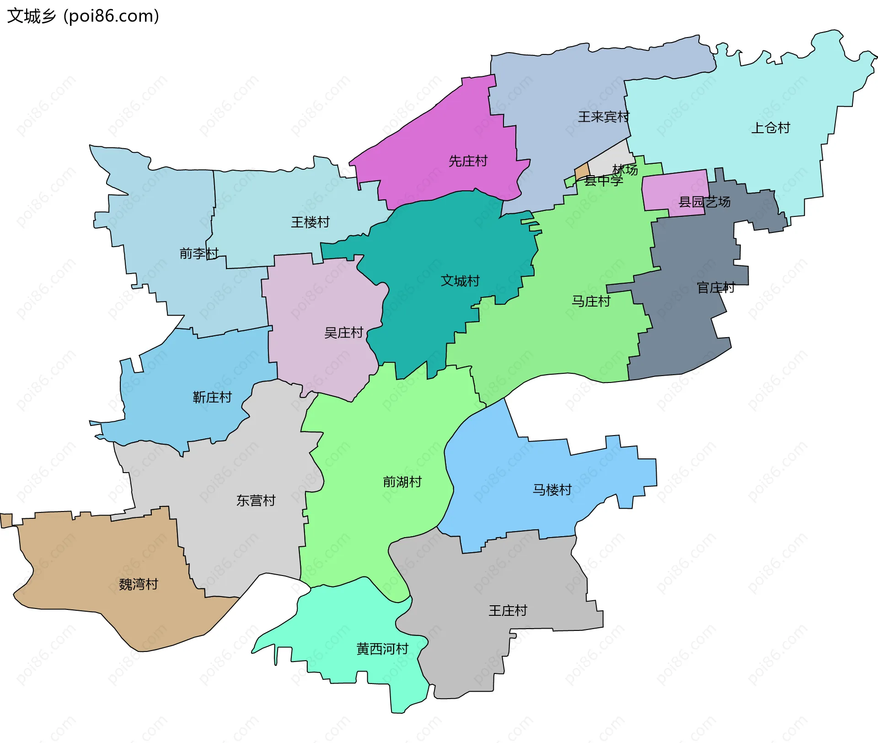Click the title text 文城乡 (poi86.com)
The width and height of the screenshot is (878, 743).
[x=83, y=16]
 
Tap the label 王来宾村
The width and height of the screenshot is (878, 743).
[x=603, y=117]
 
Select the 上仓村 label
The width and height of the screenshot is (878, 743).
[x=771, y=128]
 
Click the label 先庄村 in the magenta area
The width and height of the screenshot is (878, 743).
[x=468, y=161]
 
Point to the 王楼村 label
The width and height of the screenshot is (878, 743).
[x=310, y=222]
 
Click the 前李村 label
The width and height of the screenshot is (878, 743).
[x=199, y=253]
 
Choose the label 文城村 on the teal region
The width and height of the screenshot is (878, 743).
[x=460, y=280]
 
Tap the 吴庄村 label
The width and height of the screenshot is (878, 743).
[x=343, y=333]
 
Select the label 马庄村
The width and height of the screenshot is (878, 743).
[x=591, y=301]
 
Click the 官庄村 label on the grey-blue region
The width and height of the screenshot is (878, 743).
[x=716, y=287]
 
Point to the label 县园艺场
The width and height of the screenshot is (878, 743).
[x=704, y=202]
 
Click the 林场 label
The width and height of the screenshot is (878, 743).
[x=625, y=170]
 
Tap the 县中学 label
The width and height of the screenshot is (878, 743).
[x=604, y=181]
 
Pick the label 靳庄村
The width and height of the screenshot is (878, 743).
[x=212, y=397]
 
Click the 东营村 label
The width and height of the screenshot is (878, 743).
[x=256, y=501]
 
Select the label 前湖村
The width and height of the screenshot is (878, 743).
[x=402, y=482]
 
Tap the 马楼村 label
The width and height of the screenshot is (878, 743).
[x=552, y=490]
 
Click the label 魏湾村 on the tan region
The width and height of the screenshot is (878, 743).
[x=138, y=584]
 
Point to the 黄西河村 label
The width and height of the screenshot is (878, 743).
[x=382, y=649]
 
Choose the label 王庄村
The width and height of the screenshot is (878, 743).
[x=508, y=610]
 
